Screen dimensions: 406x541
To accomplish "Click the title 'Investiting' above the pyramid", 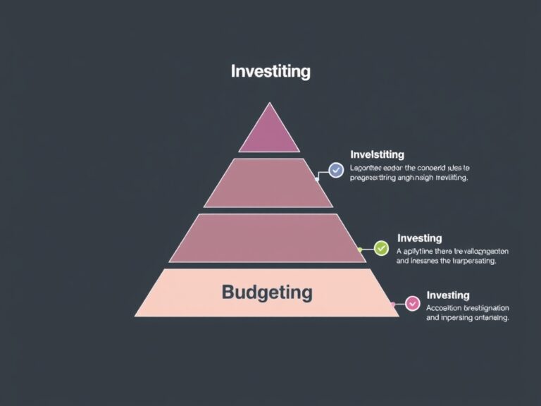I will tap(270, 71).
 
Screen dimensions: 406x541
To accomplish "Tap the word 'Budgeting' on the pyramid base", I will tap(267, 291).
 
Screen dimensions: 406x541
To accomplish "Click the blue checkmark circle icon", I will tap(336, 170).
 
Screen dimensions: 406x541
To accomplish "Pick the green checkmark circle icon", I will tap(381, 248).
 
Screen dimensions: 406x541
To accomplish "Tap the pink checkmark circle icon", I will tap(413, 304).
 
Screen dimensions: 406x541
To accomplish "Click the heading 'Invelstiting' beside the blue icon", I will tap(377, 154).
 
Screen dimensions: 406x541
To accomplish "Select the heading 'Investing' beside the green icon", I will tap(419, 238).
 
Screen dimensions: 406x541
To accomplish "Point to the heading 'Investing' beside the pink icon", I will tap(448, 295).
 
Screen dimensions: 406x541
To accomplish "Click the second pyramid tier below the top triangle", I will tap(268, 183).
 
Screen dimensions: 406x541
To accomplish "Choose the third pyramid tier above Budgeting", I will tap(268, 238).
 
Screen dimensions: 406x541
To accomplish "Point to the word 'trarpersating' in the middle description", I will tap(469, 261).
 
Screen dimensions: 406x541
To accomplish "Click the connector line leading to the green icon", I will tap(367, 249).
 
